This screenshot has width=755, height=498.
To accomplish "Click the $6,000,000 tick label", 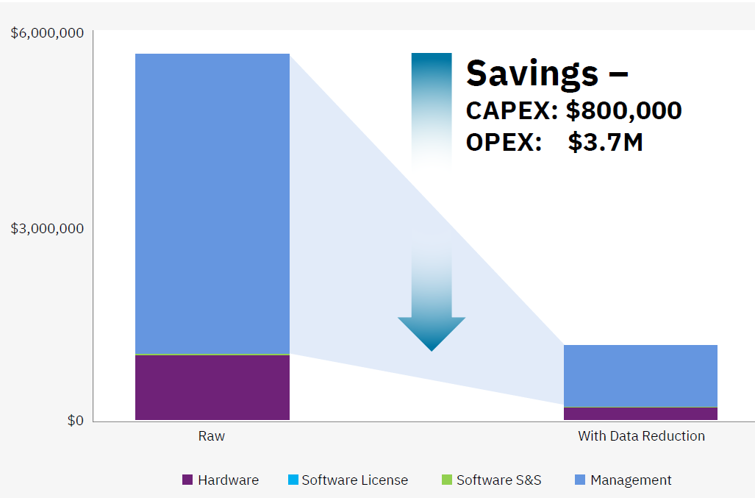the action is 47,33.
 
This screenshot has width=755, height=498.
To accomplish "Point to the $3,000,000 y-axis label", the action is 47,228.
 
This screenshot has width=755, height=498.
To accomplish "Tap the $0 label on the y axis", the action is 76,421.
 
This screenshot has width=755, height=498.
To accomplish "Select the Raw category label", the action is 212,436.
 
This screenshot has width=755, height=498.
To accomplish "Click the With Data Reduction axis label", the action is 641,436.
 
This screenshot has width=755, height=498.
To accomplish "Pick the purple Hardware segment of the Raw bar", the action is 212,388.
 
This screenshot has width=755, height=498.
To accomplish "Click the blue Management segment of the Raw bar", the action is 212,204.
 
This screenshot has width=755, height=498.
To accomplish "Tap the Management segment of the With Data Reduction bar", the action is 640,376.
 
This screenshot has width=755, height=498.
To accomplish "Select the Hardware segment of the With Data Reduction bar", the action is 640,413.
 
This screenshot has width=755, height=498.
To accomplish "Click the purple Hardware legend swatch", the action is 187,480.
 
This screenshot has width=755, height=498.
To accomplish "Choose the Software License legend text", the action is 355,480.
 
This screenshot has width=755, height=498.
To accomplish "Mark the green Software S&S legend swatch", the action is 447,480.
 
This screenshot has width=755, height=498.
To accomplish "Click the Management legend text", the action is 631,480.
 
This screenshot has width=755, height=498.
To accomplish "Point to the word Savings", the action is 532,74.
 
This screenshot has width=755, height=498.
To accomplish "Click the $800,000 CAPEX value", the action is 624,110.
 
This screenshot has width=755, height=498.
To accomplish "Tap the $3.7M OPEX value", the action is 605,142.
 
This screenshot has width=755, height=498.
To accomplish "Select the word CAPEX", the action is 512,110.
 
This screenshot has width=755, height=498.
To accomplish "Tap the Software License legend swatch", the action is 293,480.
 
